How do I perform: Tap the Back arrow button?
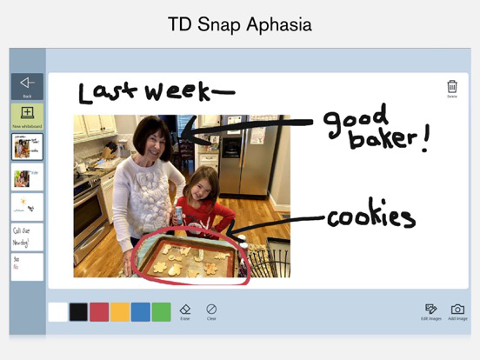click(27, 85)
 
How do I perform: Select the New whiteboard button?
click(27, 116)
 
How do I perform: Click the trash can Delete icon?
click(452, 88)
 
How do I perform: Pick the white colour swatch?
click(58, 312)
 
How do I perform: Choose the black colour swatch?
click(78, 312)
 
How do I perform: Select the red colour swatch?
click(99, 312)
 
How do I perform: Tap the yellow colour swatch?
click(120, 312)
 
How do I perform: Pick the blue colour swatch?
click(141, 312)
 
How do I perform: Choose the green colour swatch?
click(162, 312)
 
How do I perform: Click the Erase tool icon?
click(185, 310)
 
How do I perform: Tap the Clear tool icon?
click(211, 310)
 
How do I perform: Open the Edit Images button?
click(431, 310)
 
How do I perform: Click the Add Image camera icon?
click(457, 310)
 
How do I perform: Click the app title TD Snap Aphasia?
click(240, 25)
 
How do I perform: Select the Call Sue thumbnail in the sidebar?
click(27, 237)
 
